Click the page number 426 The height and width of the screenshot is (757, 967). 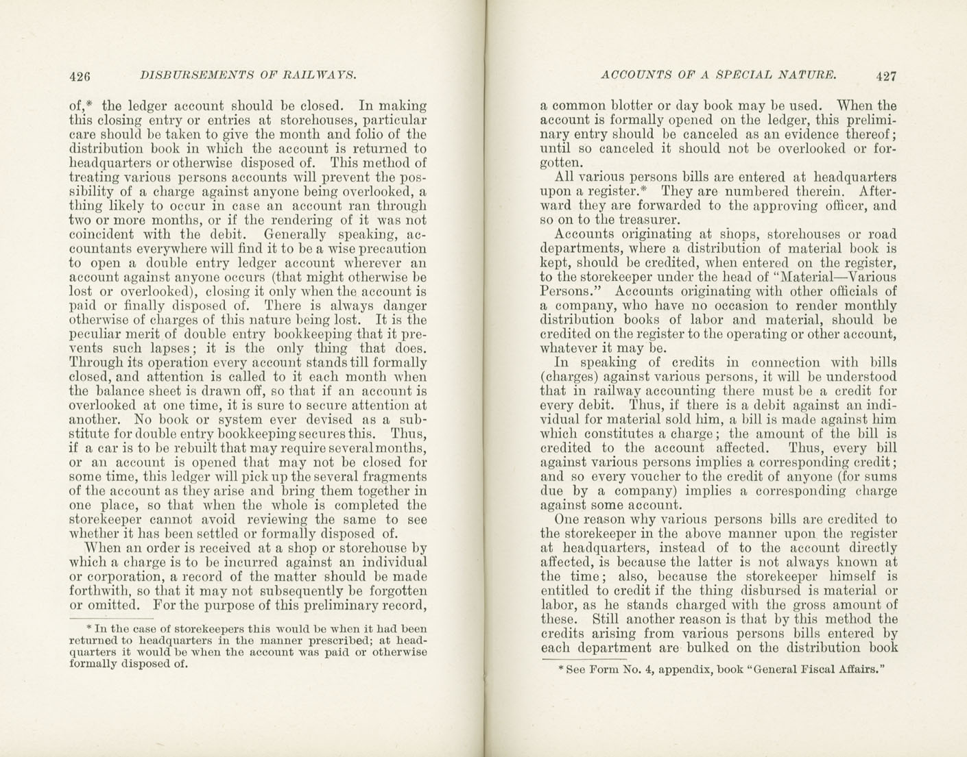click(x=80, y=76)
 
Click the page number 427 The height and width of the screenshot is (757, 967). click(x=885, y=76)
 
